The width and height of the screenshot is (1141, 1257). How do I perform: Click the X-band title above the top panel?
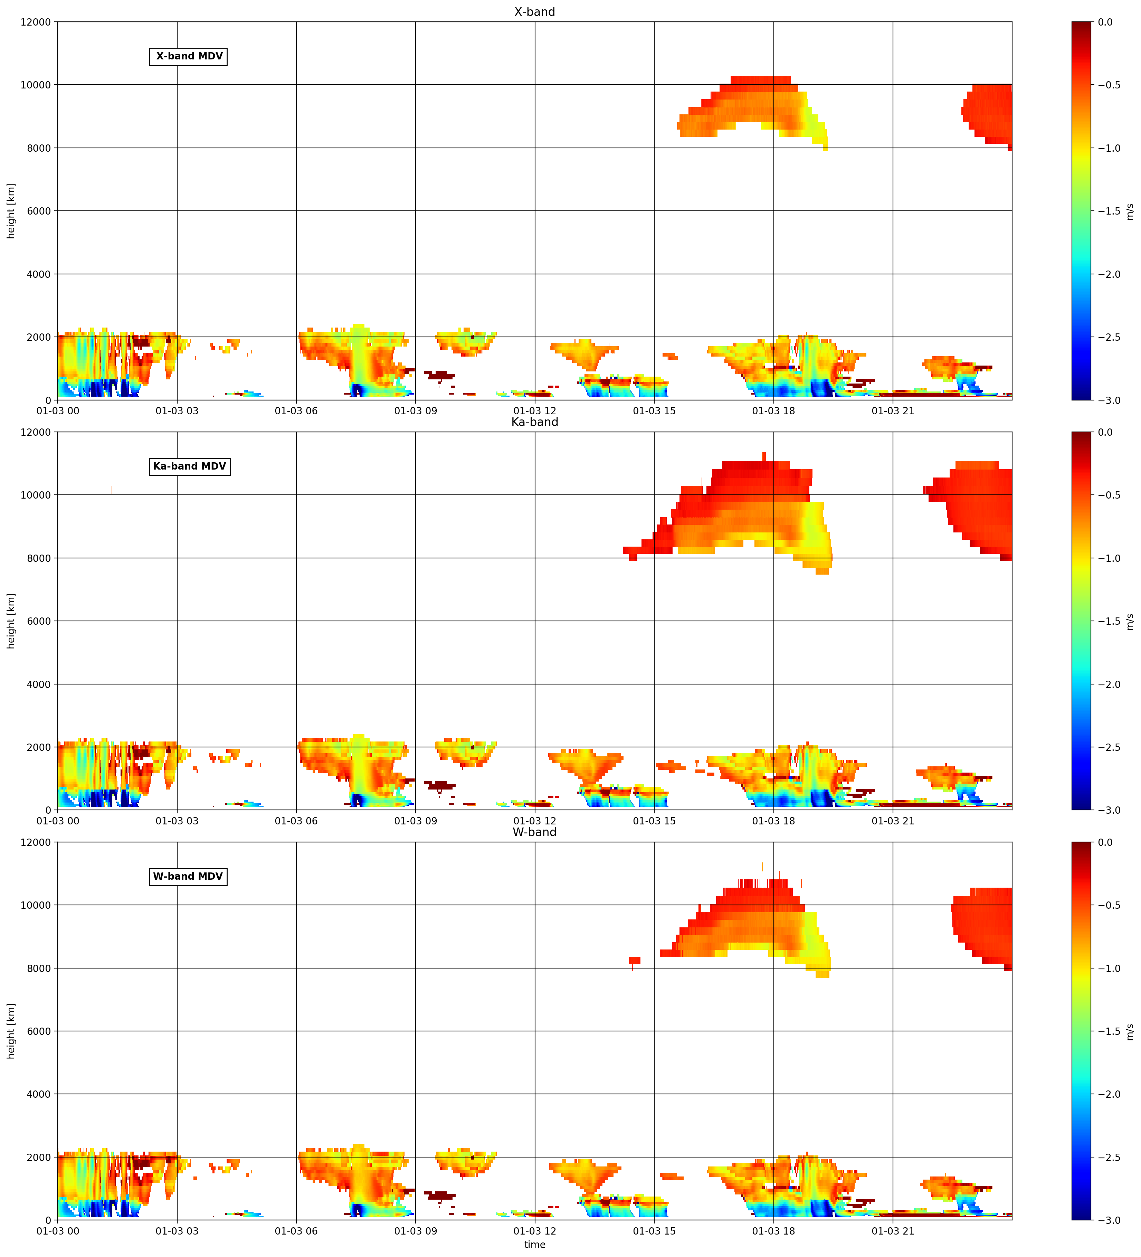[x=534, y=12]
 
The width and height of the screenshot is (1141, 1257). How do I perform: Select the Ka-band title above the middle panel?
[x=534, y=422]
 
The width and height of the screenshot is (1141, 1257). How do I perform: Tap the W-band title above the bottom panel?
[x=534, y=832]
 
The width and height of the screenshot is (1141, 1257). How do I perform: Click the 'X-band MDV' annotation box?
[x=188, y=56]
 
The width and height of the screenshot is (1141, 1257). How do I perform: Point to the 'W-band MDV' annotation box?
[x=188, y=877]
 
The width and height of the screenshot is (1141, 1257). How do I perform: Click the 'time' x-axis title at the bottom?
[x=534, y=1245]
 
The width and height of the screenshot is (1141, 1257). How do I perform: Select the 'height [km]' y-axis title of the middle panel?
[x=11, y=621]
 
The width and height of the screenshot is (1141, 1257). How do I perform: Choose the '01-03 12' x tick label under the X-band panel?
[x=534, y=411]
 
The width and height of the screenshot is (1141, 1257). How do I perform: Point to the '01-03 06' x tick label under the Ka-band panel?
[x=296, y=821]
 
